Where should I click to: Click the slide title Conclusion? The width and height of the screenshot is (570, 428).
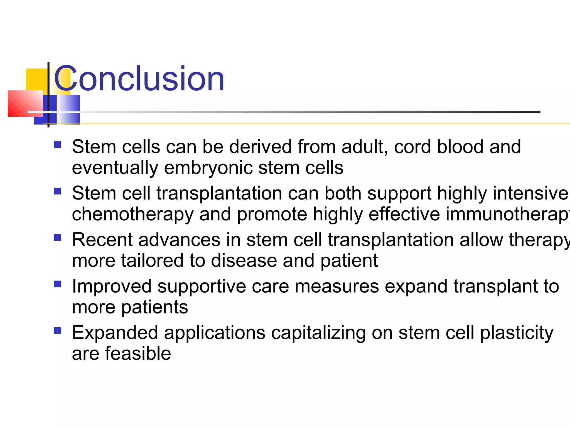[139, 79]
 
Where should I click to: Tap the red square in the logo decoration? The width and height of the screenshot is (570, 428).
[24, 103]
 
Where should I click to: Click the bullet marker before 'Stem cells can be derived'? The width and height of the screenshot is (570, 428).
[57, 145]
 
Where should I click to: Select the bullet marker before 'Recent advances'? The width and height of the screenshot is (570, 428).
[57, 238]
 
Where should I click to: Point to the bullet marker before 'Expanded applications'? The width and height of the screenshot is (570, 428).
[57, 330]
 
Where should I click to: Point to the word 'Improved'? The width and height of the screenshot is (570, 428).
[112, 286]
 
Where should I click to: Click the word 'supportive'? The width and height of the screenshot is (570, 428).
[202, 286]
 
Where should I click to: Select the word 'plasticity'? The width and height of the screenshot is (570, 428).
[517, 333]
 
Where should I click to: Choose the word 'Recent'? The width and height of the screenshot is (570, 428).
[102, 240]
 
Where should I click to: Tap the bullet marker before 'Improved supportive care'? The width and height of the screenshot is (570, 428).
[57, 284]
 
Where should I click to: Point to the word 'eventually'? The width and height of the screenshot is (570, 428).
[115, 168]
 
